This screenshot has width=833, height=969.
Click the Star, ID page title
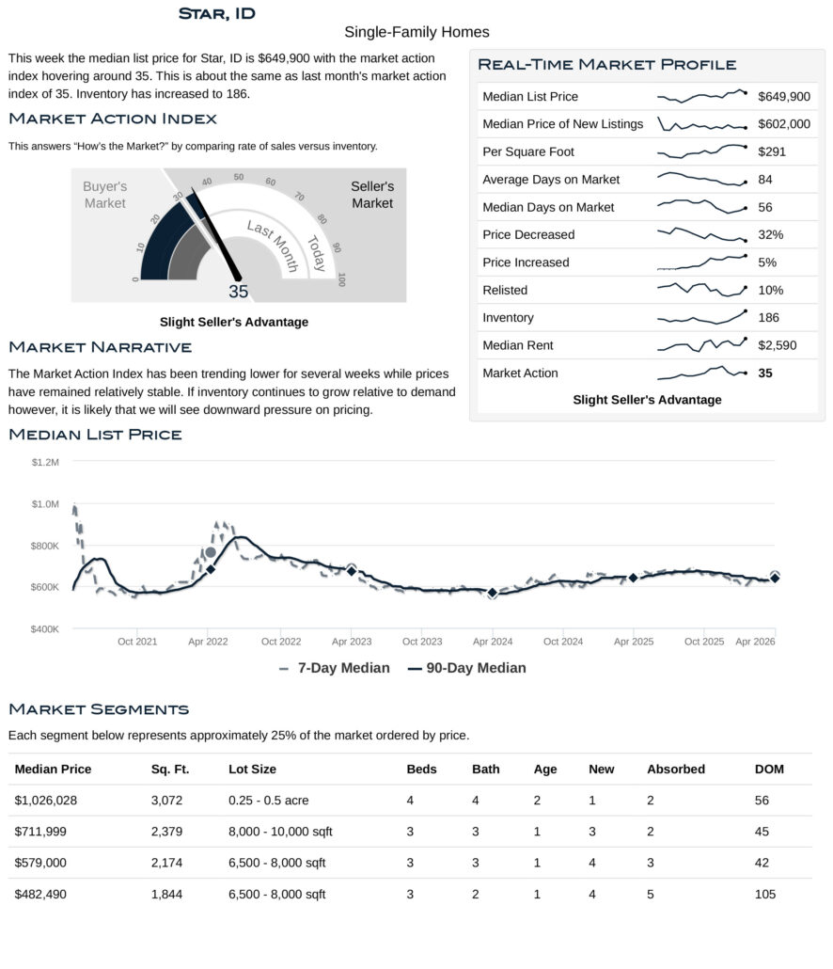click(216, 13)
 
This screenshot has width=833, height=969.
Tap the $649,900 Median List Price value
click(783, 97)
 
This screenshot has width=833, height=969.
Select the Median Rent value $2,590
click(777, 345)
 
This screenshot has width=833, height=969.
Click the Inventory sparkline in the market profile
click(701, 317)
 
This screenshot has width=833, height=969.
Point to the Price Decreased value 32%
click(770, 234)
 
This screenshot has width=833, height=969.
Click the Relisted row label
click(505, 290)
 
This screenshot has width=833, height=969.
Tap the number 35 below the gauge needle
click(239, 292)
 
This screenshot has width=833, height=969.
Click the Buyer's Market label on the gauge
click(104, 195)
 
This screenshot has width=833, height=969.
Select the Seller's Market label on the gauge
click(372, 195)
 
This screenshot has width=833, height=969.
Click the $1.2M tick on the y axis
click(45, 462)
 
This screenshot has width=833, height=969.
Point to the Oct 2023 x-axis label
click(422, 642)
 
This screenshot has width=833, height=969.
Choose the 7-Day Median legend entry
click(335, 668)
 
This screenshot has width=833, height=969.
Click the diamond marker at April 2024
click(492, 593)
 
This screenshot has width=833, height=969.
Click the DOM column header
click(769, 770)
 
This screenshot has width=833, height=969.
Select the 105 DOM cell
click(765, 894)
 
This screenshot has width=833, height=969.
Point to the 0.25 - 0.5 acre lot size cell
click(268, 801)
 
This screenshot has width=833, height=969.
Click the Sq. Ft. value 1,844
click(166, 894)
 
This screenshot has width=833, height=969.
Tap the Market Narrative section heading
click(100, 348)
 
